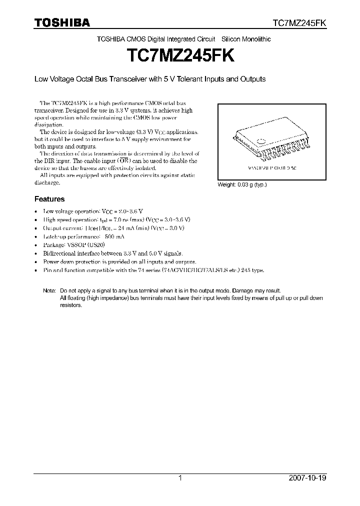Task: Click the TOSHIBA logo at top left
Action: (x=62, y=22)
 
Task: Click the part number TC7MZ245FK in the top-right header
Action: (x=299, y=23)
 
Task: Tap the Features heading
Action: (x=49, y=199)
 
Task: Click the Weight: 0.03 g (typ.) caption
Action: (x=242, y=184)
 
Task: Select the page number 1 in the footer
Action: (x=180, y=478)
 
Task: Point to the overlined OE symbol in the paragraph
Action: (x=123, y=161)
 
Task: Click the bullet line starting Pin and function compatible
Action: (x=153, y=270)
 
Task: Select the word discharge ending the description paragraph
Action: (x=47, y=182)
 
